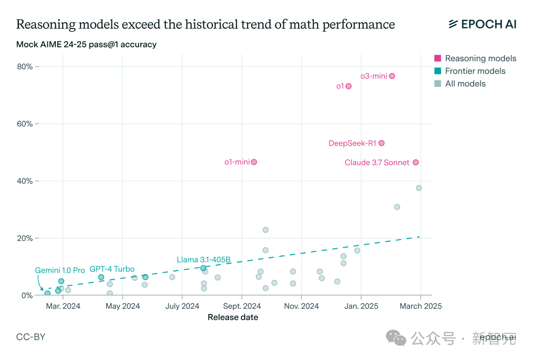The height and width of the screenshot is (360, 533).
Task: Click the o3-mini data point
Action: pyautogui.click(x=392, y=76)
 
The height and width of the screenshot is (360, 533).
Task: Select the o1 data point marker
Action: pyautogui.click(x=348, y=86)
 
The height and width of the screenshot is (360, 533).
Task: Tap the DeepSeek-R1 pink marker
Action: pyautogui.click(x=381, y=143)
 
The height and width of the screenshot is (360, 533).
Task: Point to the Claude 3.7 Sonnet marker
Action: pyautogui.click(x=416, y=162)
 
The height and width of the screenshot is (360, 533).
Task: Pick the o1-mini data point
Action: pyautogui.click(x=254, y=162)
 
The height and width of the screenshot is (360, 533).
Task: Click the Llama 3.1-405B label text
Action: pyautogui.click(x=203, y=259)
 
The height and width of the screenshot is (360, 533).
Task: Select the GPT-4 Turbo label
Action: pyautogui.click(x=112, y=269)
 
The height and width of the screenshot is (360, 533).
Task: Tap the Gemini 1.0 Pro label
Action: pyautogui.click(x=60, y=270)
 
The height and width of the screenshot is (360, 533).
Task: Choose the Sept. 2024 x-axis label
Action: pyautogui.click(x=241, y=306)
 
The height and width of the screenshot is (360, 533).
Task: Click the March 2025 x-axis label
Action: pyautogui.click(x=420, y=306)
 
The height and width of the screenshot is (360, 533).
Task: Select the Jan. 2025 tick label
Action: pyautogui.click(x=361, y=306)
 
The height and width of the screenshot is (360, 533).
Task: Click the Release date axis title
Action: pyautogui.click(x=233, y=317)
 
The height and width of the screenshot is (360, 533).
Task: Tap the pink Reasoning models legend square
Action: pyautogui.click(x=438, y=58)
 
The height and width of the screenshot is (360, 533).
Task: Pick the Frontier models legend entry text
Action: pyautogui.click(x=475, y=71)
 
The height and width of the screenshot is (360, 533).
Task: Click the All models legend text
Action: pyautogui.click(x=465, y=84)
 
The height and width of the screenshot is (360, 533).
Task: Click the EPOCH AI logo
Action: pyautogui.click(x=482, y=24)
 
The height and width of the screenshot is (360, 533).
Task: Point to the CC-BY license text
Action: pyautogui.click(x=31, y=337)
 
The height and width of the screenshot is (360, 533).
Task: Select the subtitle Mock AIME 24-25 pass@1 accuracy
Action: pyautogui.click(x=86, y=44)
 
